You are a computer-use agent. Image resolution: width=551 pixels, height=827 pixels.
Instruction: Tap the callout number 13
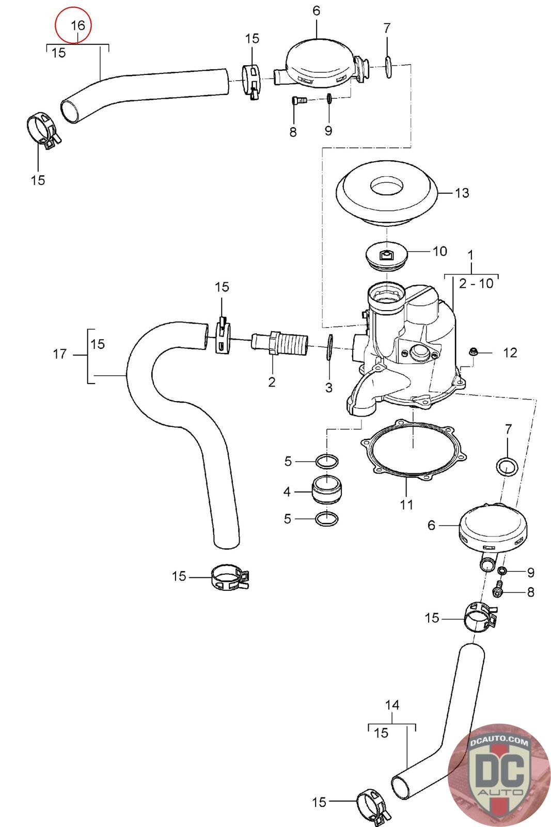(x=462, y=193)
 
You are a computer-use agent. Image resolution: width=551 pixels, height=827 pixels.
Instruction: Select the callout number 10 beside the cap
(x=439, y=251)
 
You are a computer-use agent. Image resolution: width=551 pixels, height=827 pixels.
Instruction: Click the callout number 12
(x=510, y=353)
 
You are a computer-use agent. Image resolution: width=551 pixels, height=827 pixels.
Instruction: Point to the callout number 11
(x=406, y=504)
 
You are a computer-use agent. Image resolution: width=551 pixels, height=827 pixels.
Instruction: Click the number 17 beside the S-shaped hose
(x=60, y=354)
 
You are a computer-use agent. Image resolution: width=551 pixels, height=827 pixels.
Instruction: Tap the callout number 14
(x=392, y=705)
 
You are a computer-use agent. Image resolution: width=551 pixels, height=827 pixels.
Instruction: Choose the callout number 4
(x=287, y=492)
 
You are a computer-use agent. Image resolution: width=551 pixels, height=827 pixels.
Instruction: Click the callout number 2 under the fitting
(x=272, y=381)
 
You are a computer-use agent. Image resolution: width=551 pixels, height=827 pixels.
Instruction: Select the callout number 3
(x=329, y=388)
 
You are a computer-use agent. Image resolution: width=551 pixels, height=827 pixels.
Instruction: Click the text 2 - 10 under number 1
(x=476, y=283)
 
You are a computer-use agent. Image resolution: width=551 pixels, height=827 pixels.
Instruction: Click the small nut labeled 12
(x=471, y=353)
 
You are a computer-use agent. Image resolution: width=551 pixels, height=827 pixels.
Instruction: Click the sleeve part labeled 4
(x=325, y=489)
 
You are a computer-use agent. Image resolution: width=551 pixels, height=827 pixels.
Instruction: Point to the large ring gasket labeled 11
(x=413, y=452)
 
